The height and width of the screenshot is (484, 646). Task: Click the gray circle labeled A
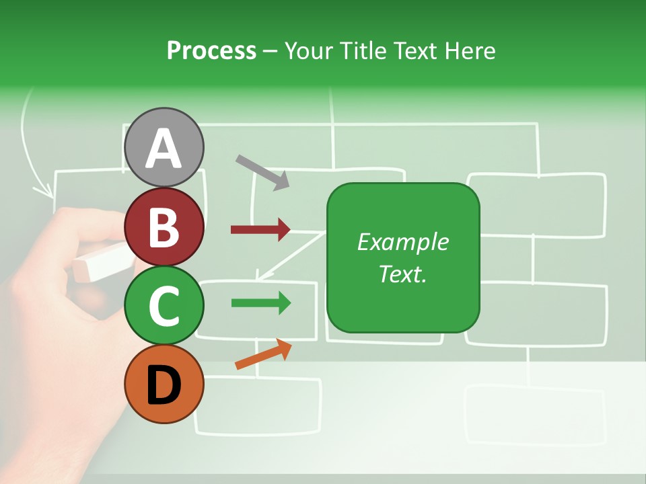point(164,147)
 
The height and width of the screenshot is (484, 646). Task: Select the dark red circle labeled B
point(164,227)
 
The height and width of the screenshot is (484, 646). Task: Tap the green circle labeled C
point(164,305)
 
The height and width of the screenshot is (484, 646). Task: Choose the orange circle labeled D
point(164,385)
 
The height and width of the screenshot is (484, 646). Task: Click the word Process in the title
point(211,50)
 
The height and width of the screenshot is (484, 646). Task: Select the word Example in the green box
point(402,242)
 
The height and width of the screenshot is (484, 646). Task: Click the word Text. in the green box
point(402,274)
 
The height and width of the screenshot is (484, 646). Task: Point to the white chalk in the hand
point(101,264)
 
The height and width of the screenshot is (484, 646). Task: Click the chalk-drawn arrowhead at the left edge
point(46,190)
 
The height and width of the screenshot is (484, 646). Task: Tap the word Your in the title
point(308,50)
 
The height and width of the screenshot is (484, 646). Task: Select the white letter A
point(164,149)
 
